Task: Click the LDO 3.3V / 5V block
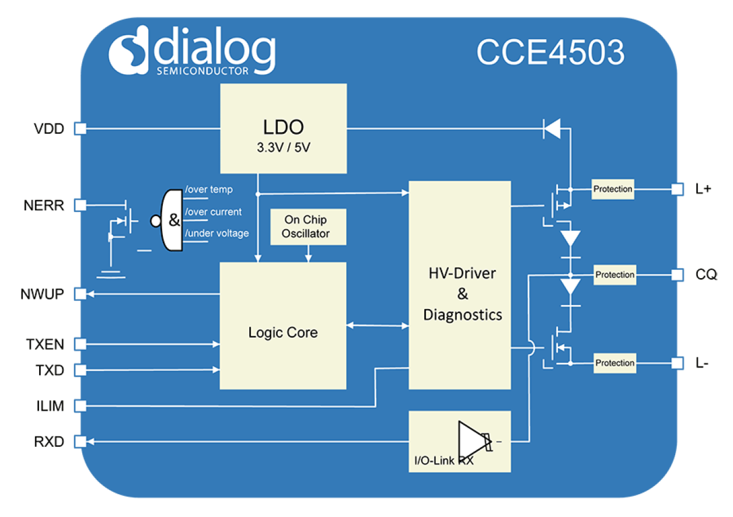pyautogui.click(x=283, y=129)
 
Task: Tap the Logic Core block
pyautogui.click(x=283, y=326)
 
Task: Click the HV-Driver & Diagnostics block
pyautogui.click(x=460, y=285)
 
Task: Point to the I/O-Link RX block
pyautogui.click(x=460, y=442)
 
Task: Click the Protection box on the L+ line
pyautogui.click(x=612, y=189)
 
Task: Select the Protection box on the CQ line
pyautogui.click(x=615, y=275)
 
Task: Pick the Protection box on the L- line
pyautogui.click(x=615, y=363)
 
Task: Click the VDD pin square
pyautogui.click(x=80, y=128)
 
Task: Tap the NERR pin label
pyautogui.click(x=44, y=206)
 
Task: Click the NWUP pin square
pyautogui.click(x=80, y=294)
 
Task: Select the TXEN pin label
pyautogui.click(x=44, y=344)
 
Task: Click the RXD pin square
pyautogui.click(x=80, y=442)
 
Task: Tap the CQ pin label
pyautogui.click(x=707, y=274)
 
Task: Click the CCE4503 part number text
pyautogui.click(x=550, y=53)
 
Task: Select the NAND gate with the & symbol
pyautogui.click(x=172, y=220)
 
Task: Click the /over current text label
pyautogui.click(x=213, y=212)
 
